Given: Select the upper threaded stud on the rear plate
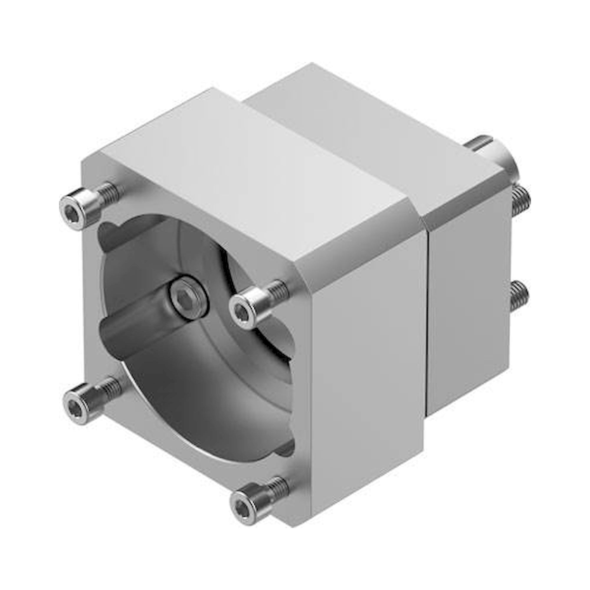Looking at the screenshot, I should point(521,200).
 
